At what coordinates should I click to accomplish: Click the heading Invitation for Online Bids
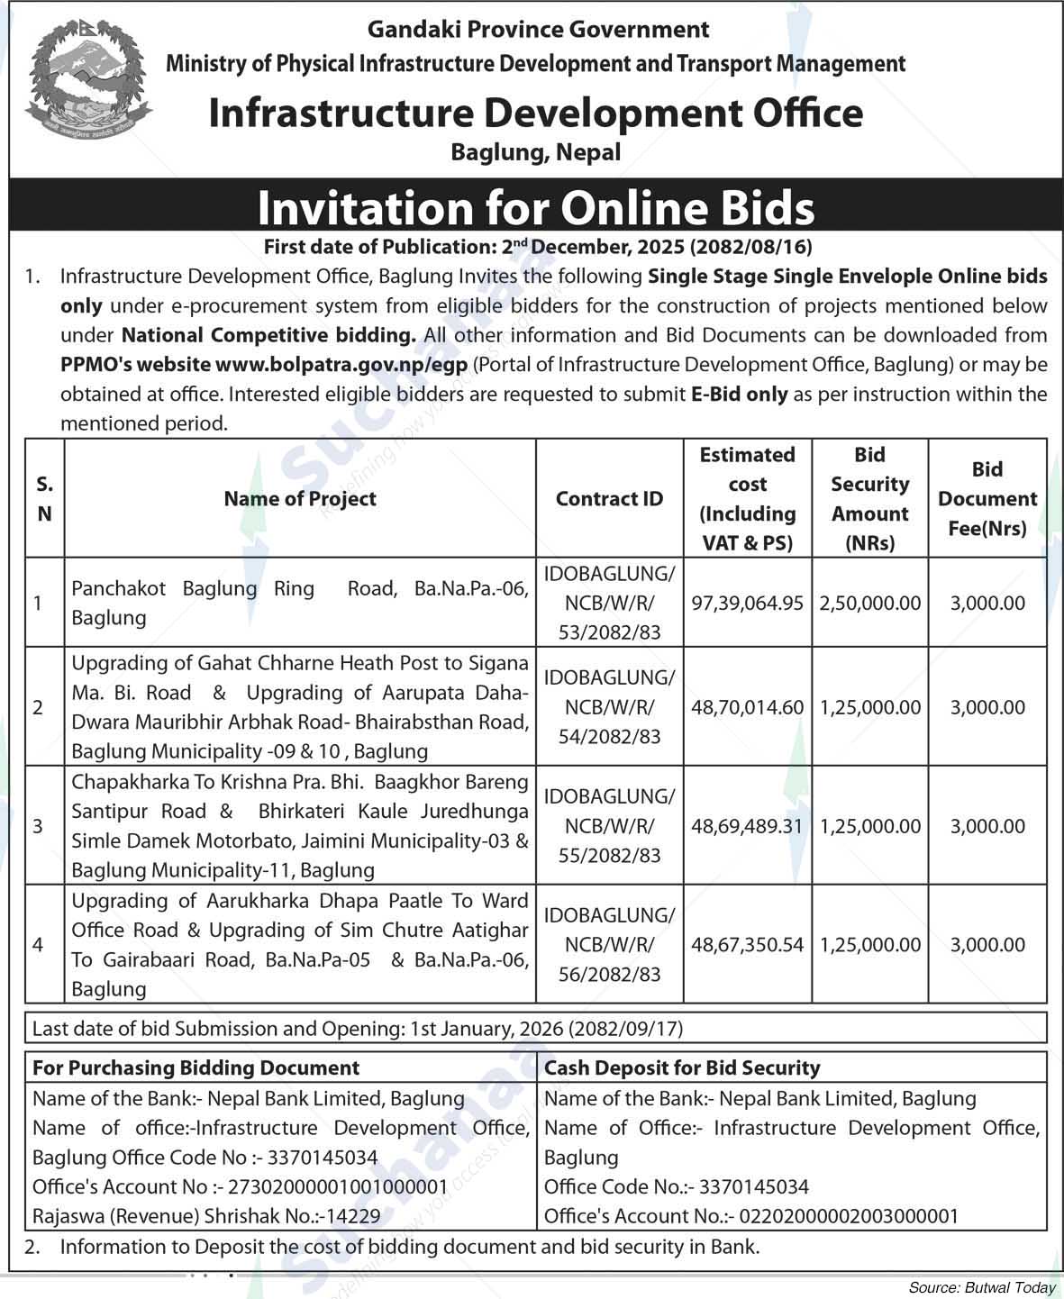[535, 207]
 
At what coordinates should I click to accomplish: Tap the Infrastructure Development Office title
[535, 114]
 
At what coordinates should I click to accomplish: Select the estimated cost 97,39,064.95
[746, 603]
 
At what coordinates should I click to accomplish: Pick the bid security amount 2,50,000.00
[869, 603]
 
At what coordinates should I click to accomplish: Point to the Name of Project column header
[300, 498]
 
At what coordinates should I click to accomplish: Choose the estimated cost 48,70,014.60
[746, 707]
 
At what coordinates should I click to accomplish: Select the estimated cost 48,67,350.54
[746, 945]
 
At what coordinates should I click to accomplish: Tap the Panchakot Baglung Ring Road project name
[300, 603]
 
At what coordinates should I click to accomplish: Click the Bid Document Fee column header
[987, 498]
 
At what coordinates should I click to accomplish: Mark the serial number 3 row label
[38, 826]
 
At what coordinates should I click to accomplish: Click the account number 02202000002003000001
[849, 1216]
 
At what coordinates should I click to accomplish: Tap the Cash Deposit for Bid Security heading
[682, 1068]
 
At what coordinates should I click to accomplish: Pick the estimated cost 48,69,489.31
[746, 826]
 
